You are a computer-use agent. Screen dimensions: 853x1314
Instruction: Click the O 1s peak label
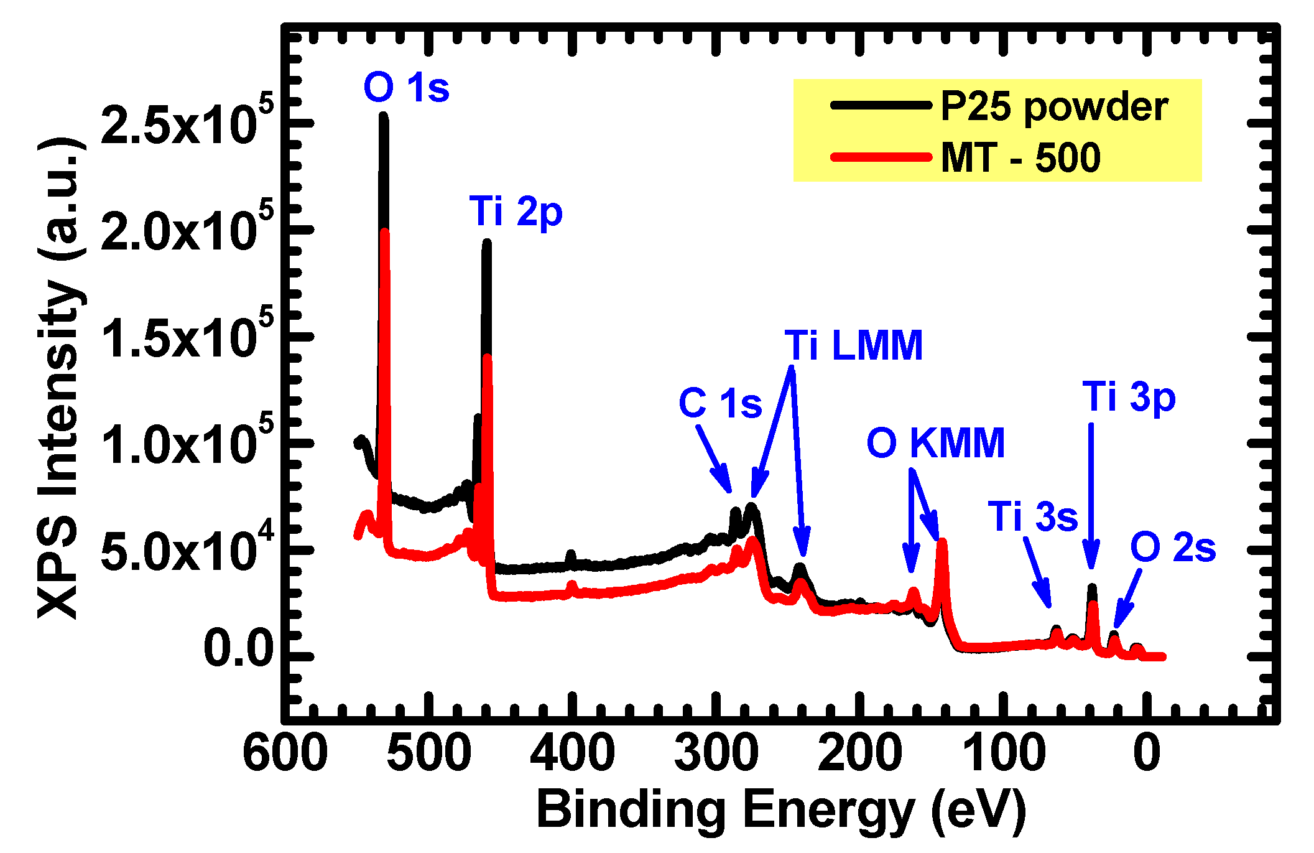(406, 88)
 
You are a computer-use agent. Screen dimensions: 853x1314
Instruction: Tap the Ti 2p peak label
(516, 212)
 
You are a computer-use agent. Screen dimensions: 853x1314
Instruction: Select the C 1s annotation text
(720, 403)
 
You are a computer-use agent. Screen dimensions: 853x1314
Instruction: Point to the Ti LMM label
(853, 345)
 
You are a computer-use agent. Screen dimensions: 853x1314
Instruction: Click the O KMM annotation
(935, 443)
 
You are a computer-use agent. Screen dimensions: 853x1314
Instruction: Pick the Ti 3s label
(1032, 516)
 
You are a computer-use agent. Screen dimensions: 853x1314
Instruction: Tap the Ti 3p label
(1129, 397)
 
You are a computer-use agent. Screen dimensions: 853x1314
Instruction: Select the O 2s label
(1172, 548)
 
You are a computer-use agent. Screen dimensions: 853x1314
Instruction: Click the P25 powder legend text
(1054, 107)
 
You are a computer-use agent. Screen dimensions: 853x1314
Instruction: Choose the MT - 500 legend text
(1020, 157)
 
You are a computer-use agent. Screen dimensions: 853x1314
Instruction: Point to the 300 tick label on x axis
(716, 753)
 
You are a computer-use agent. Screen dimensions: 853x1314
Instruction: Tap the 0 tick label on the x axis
(1146, 753)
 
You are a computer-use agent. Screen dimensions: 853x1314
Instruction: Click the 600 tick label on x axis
(285, 753)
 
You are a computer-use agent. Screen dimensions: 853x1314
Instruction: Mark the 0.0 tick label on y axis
(239, 649)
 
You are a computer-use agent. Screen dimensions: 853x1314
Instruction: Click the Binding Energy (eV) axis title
(781, 811)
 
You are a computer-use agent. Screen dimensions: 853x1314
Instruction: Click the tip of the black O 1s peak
(384, 116)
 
